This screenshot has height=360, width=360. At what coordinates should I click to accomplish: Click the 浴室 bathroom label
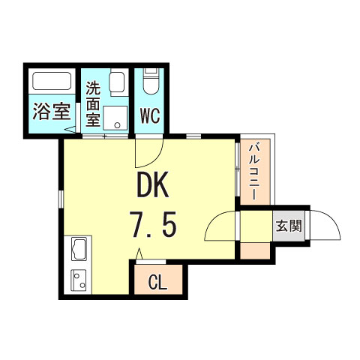click(x=52, y=112)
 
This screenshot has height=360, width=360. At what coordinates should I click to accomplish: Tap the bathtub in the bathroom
click(x=52, y=81)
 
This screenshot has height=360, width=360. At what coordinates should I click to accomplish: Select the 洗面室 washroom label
click(x=93, y=103)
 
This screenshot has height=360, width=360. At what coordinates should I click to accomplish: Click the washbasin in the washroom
click(x=117, y=82)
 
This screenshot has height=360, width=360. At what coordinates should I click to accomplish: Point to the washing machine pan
click(x=115, y=118)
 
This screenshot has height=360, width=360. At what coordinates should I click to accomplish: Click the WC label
click(x=150, y=116)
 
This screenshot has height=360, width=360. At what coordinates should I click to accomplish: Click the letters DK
click(x=153, y=185)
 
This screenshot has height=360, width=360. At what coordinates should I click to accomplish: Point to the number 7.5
click(x=152, y=224)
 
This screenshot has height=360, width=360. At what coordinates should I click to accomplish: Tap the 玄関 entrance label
click(x=289, y=226)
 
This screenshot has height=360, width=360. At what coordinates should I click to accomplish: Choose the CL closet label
click(x=157, y=283)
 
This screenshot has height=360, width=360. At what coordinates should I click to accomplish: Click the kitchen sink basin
click(x=79, y=249)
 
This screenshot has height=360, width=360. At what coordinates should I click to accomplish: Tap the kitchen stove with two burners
click(x=79, y=280)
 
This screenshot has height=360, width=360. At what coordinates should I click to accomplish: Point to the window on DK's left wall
click(x=61, y=199)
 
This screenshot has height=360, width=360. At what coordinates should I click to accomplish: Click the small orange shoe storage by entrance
click(x=255, y=250)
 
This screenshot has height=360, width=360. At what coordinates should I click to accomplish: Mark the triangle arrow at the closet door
click(x=139, y=253)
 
